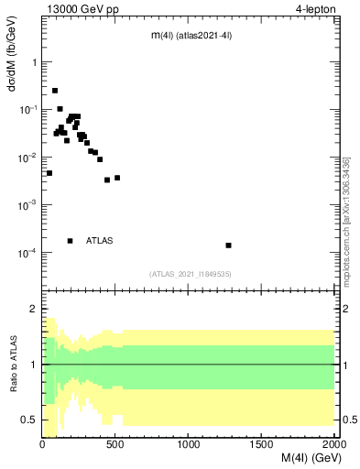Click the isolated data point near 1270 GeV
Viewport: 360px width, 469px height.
(x=228, y=245)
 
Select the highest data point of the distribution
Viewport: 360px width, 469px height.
(x=55, y=91)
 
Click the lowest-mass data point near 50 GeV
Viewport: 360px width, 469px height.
(x=49, y=173)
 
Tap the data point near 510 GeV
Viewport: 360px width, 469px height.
(x=117, y=178)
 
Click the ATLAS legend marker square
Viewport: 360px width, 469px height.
(x=71, y=241)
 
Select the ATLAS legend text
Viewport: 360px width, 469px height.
(x=100, y=241)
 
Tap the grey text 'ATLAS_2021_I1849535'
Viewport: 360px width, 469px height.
(x=190, y=273)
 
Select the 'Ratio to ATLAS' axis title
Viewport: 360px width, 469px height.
(x=15, y=365)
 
